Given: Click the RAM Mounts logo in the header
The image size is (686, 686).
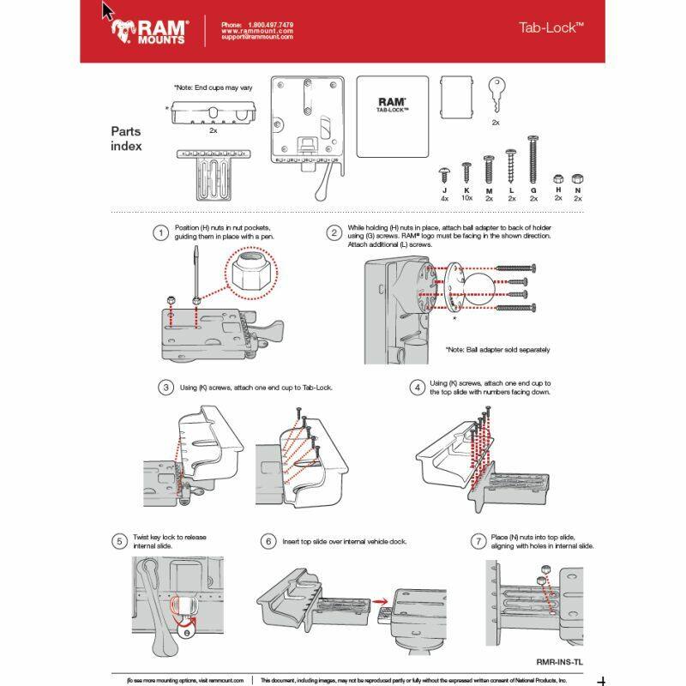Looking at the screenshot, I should click(x=150, y=31).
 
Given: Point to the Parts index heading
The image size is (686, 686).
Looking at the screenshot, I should click(x=126, y=139).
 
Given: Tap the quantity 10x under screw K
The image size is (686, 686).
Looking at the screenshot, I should click(x=466, y=198).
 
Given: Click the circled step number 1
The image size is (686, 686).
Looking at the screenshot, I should click(x=159, y=232).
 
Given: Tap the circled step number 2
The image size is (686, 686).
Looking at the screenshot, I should click(x=333, y=232).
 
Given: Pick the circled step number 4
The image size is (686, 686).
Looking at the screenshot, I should click(x=416, y=388).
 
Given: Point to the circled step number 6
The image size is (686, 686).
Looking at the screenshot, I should click(x=268, y=541).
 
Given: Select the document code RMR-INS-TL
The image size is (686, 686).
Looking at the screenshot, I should click(x=558, y=661).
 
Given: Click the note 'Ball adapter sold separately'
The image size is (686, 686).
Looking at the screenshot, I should click(x=497, y=350).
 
